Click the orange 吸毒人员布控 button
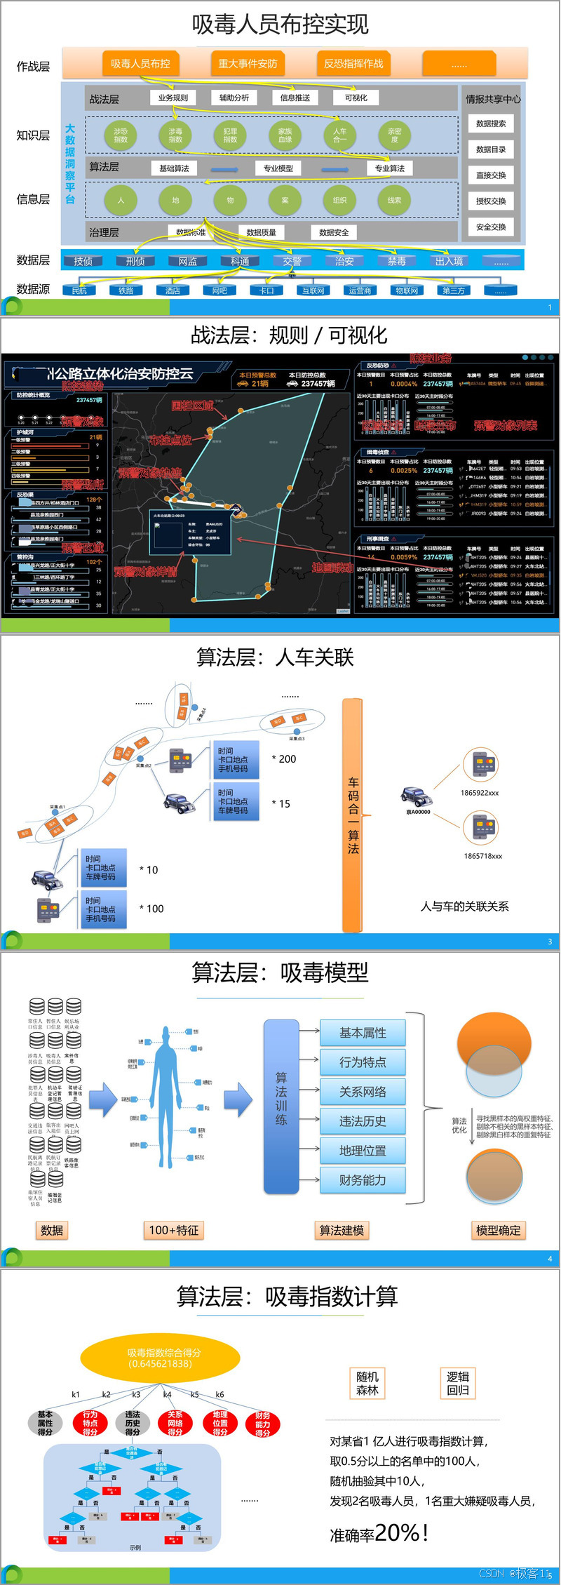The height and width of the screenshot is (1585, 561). click(140, 64)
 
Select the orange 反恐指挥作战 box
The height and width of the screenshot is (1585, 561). click(353, 64)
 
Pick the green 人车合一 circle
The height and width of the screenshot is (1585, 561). click(339, 135)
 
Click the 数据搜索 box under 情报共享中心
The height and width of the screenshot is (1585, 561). click(491, 123)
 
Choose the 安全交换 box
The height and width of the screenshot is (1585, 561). click(491, 227)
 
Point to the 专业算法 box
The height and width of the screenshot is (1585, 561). click(389, 168)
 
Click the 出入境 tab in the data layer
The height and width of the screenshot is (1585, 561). click(449, 261)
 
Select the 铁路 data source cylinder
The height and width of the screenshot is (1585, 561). click(126, 290)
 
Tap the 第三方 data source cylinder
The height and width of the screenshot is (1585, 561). click(453, 290)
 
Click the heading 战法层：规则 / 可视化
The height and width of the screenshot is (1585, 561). click(288, 335)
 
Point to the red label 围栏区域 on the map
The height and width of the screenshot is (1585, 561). click(192, 406)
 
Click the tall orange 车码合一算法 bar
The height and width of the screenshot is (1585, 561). click(353, 814)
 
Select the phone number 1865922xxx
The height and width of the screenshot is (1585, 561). click(480, 793)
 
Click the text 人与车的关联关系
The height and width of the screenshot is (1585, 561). click(464, 907)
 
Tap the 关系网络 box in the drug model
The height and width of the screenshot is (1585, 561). click(363, 1092)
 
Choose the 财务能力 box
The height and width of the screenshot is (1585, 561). click(363, 1180)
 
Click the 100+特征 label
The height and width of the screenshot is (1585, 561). click(174, 1230)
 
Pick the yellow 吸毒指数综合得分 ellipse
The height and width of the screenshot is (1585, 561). click(160, 1358)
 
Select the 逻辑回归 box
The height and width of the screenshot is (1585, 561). click(458, 1383)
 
